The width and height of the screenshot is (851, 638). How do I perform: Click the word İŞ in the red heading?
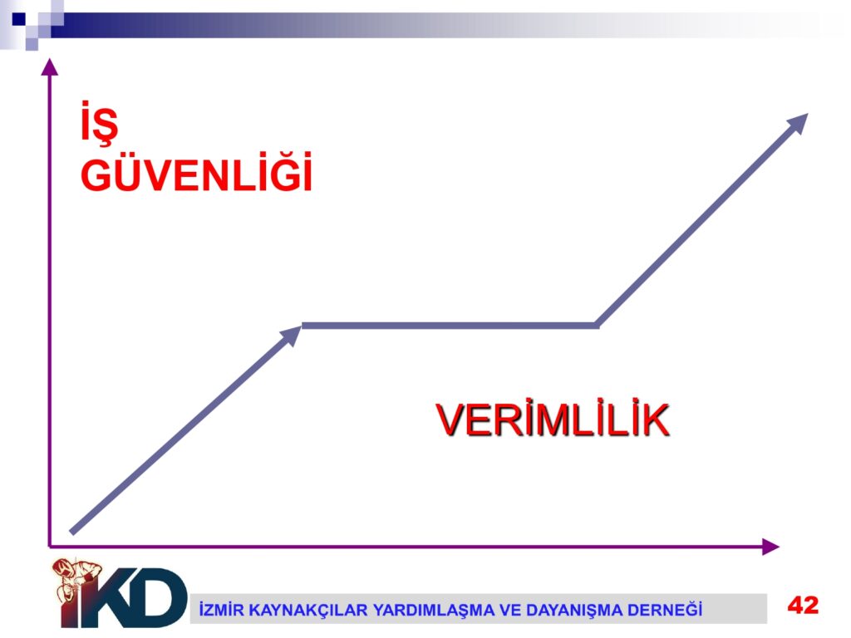pos(99,123)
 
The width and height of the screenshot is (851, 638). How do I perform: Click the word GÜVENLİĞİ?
pos(196,173)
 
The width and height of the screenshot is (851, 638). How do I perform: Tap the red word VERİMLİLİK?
pos(553,420)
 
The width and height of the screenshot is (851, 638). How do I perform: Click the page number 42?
pos(803,605)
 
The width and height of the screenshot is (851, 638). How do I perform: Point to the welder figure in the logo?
pos(76,581)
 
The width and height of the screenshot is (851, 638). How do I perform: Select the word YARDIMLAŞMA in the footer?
pos(434,611)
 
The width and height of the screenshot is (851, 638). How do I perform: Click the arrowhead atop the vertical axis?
pos(49,66)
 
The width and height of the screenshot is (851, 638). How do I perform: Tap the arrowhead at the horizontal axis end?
pos(770,547)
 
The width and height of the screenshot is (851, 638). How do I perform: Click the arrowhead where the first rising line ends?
pos(291,336)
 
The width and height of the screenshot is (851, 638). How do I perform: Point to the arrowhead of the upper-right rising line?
pos(797,123)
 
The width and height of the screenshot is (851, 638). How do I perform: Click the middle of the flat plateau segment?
pos(450,326)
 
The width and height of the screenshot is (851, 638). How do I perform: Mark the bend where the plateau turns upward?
pos(597,326)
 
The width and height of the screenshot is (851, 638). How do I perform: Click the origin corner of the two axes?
pos(49,547)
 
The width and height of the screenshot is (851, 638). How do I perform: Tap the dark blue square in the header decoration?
pos(18,20)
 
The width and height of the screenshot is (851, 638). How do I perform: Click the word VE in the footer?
pos(510,611)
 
